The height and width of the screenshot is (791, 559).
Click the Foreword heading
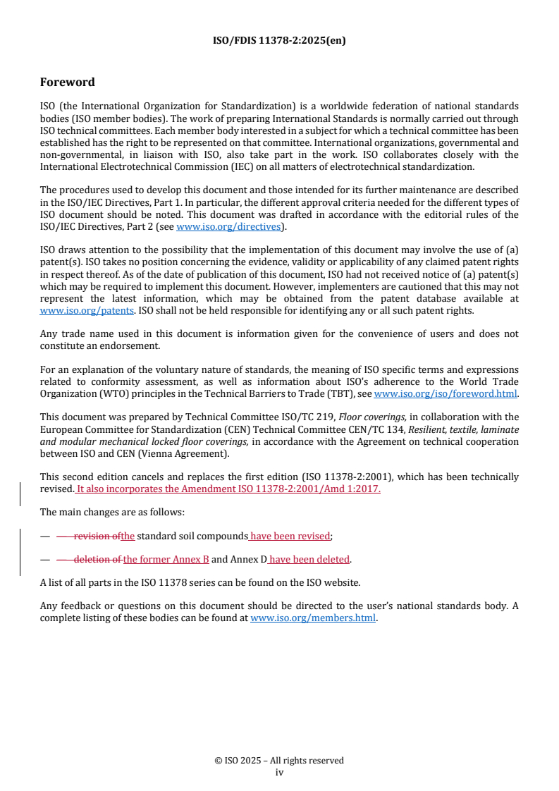[x=68, y=82]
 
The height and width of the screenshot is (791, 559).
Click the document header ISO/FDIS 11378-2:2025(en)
[x=279, y=41]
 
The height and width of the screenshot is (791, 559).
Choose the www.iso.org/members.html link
[x=313, y=619]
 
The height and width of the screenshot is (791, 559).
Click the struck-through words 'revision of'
[x=97, y=536]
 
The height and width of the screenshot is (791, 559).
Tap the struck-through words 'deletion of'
[x=99, y=560]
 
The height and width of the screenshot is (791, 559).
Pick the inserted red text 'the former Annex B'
[x=166, y=560]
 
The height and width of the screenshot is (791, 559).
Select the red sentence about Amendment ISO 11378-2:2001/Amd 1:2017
[x=228, y=489]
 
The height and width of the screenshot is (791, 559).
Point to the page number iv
[x=279, y=772]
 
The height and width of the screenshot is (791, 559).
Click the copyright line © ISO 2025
[x=279, y=761]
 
